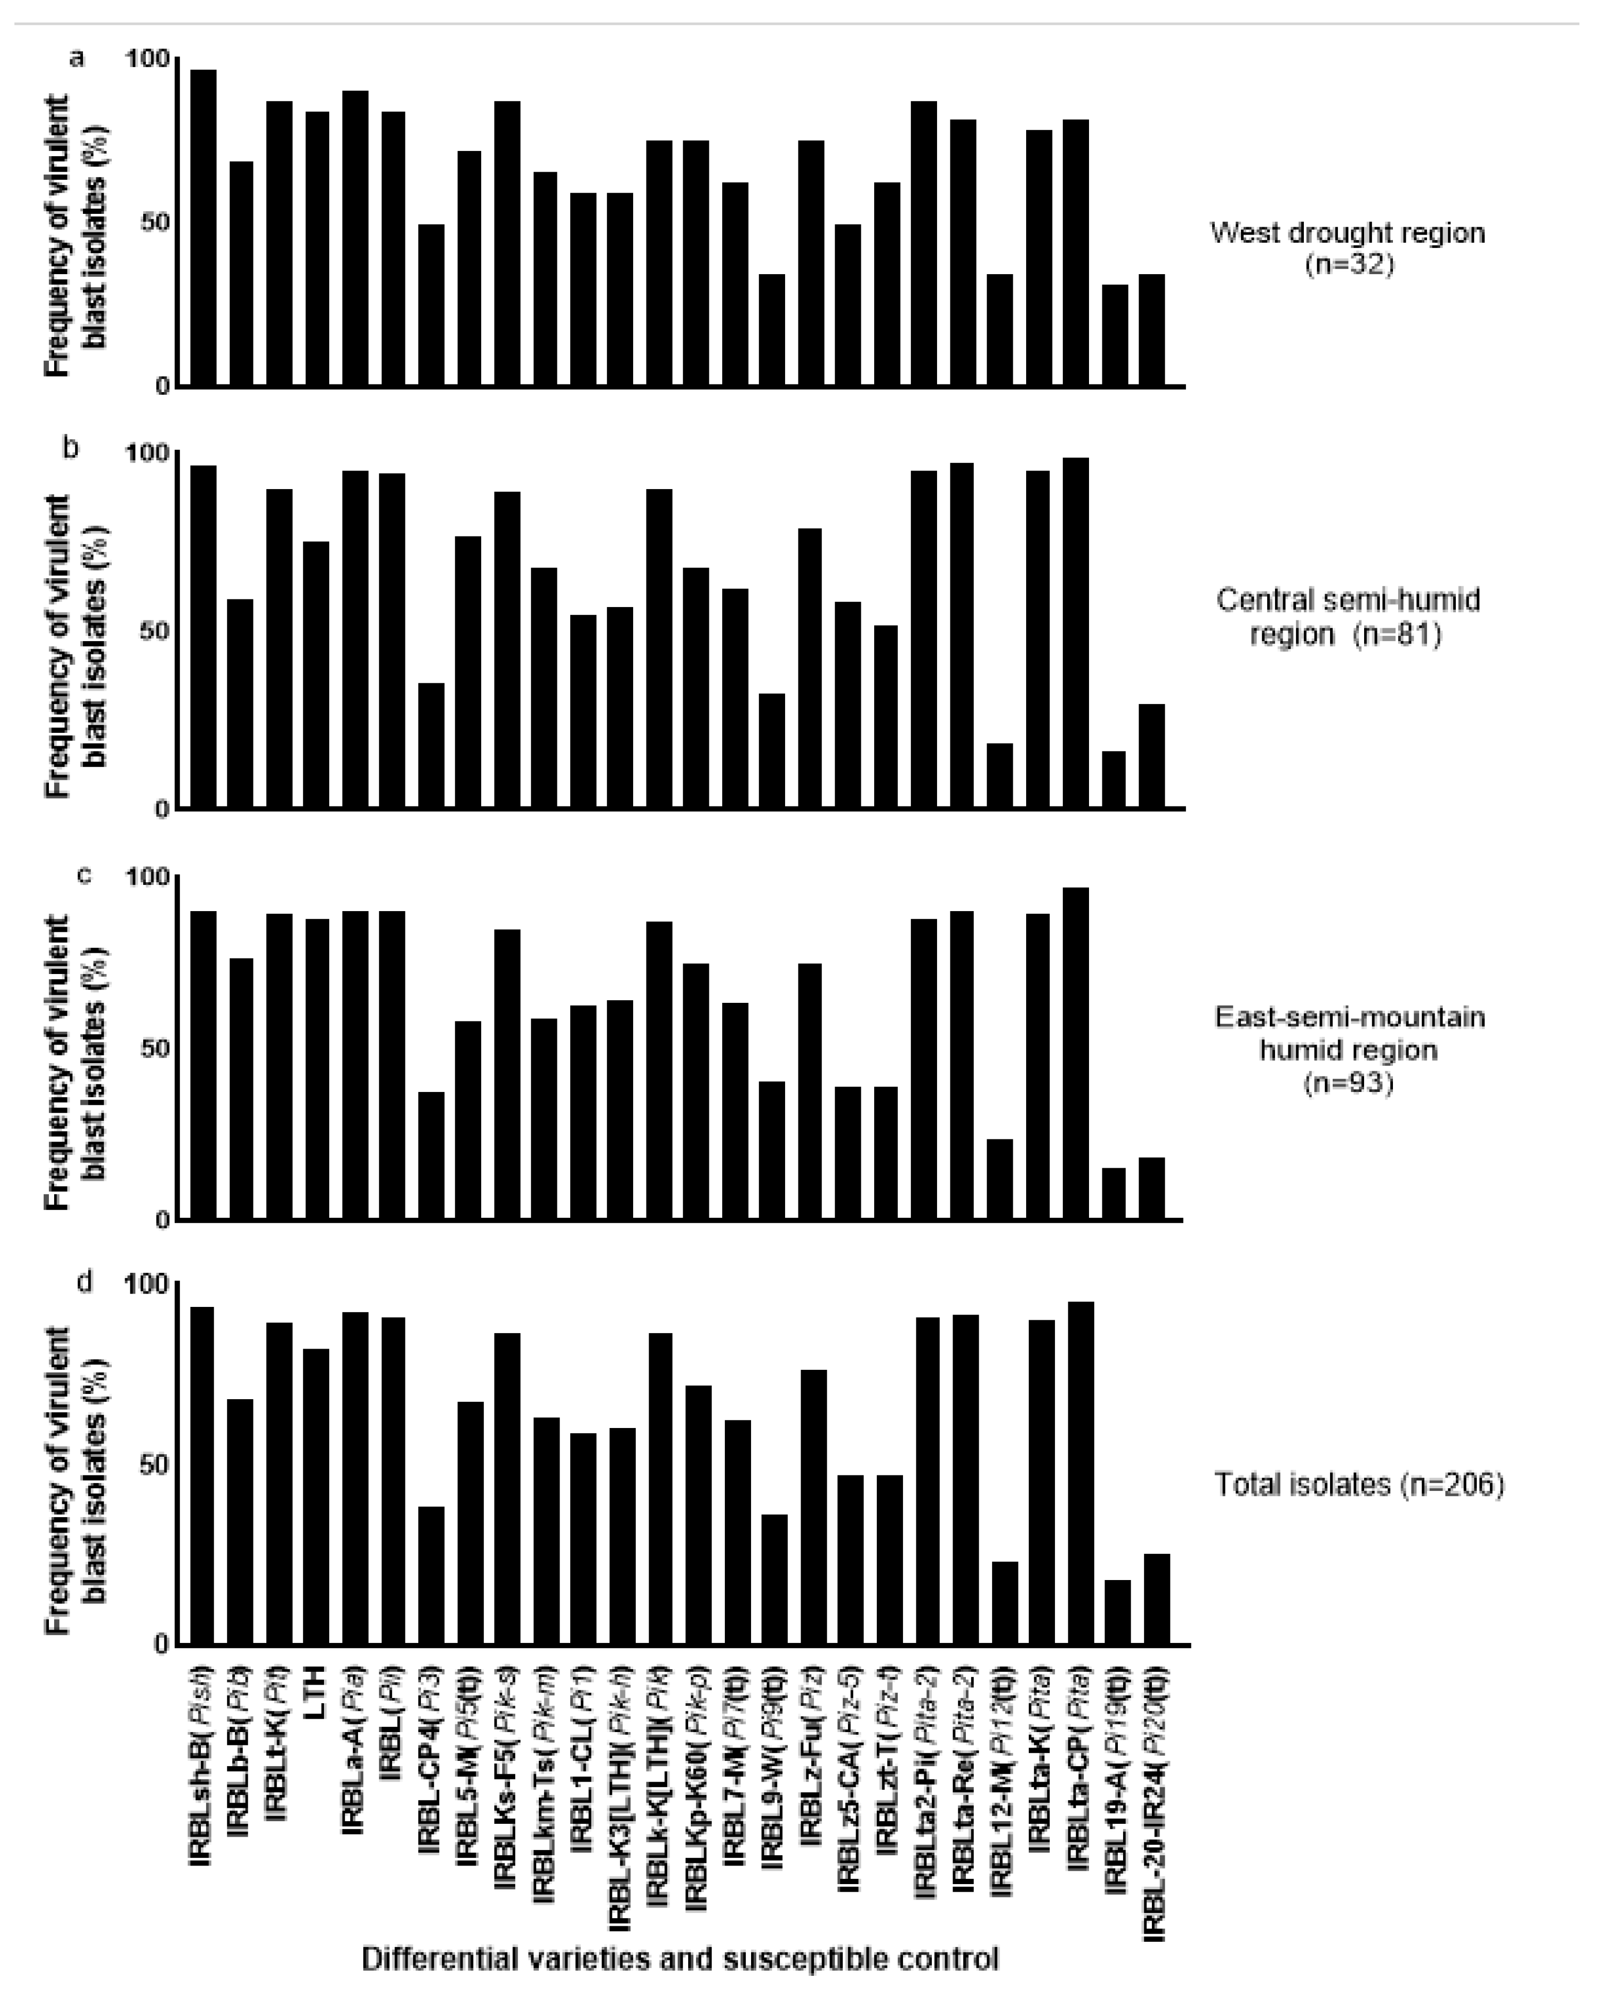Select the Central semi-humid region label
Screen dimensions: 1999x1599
1347,616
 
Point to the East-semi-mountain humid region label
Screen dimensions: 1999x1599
1350,1050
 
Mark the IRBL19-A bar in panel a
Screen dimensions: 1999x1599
1115,334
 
